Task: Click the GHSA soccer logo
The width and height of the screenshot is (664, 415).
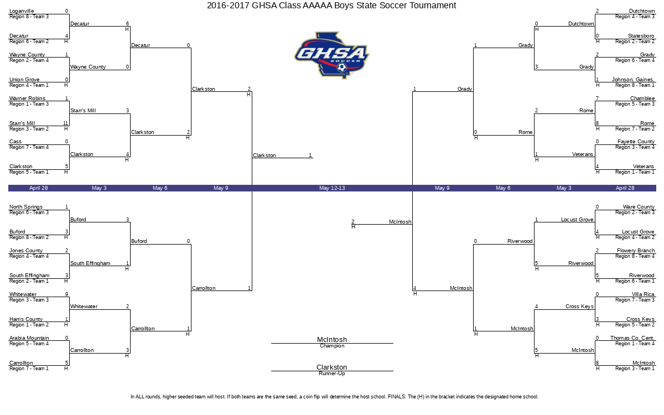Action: tap(331, 55)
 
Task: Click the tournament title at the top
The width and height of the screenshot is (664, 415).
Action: tap(331, 6)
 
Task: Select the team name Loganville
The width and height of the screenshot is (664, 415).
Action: tap(22, 11)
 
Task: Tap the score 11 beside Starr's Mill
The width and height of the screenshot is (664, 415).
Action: tap(65, 123)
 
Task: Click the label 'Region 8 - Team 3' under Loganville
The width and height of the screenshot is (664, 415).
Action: tap(29, 17)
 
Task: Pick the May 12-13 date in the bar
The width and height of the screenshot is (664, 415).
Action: tap(332, 188)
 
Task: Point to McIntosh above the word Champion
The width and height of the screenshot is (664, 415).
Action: tap(332, 339)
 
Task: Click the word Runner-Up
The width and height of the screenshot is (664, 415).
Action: tap(332, 373)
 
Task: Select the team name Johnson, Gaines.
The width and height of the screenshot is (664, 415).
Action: tap(633, 80)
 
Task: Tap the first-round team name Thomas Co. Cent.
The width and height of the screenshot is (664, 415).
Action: tap(632, 338)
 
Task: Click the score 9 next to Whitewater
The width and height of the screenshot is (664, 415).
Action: tap(67, 294)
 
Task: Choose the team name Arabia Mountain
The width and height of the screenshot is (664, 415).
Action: tap(29, 338)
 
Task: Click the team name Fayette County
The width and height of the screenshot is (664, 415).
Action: tap(636, 142)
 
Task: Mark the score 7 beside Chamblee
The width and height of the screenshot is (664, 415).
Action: tap(597, 98)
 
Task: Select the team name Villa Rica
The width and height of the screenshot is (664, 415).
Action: tap(643, 294)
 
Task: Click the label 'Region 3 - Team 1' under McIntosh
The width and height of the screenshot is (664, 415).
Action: tap(635, 369)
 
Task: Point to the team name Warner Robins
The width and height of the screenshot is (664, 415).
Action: tap(27, 98)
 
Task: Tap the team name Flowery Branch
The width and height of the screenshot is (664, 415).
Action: tap(636, 251)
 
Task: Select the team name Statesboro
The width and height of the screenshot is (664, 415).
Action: tap(641, 36)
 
